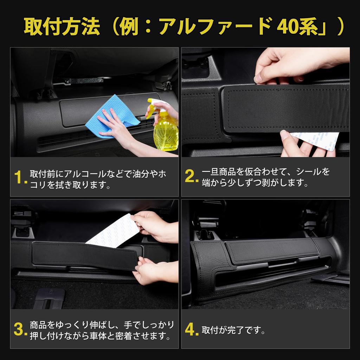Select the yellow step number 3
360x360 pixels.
pos(20,329)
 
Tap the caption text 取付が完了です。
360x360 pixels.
pos(234,330)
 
